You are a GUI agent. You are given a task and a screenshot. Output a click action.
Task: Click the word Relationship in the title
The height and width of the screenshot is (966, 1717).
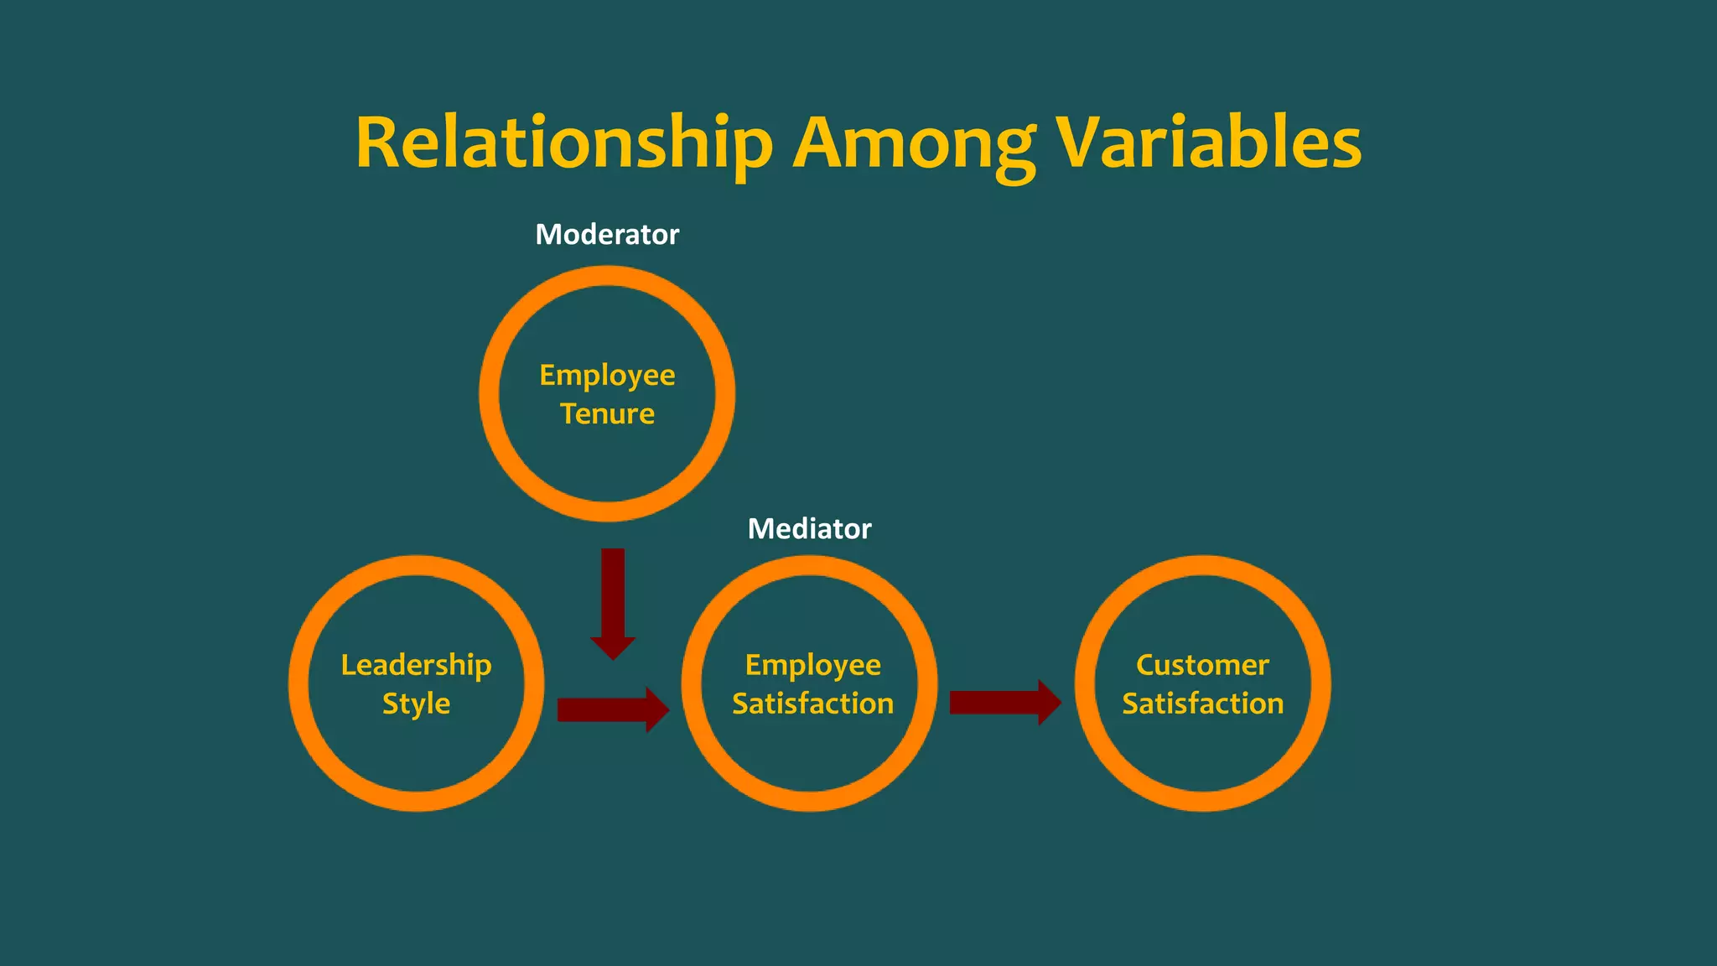(x=563, y=143)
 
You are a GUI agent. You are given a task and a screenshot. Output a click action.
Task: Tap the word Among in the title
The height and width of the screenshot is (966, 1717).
(x=916, y=143)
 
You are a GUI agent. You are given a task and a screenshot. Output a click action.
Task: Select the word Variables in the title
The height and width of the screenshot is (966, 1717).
(x=1207, y=143)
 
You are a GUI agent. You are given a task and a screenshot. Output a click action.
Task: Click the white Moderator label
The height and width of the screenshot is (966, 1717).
(x=607, y=235)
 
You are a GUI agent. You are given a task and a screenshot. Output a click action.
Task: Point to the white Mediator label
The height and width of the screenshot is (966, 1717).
(x=809, y=529)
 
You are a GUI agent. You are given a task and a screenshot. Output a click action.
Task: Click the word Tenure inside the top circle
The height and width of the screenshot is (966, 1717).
(x=607, y=414)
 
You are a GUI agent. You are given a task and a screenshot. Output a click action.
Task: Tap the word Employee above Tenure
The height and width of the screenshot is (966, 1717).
(x=607, y=375)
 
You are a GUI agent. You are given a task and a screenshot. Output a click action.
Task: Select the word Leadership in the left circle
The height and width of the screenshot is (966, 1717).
(x=416, y=665)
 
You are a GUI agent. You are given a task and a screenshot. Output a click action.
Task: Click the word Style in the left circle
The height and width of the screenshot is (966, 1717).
(x=416, y=704)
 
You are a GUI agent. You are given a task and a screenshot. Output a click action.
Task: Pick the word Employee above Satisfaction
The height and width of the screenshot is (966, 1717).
(x=812, y=665)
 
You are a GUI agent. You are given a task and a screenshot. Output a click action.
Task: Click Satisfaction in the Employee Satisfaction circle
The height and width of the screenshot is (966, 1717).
(x=812, y=704)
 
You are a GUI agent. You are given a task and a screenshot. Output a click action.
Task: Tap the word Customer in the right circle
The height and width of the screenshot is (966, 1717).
(x=1202, y=665)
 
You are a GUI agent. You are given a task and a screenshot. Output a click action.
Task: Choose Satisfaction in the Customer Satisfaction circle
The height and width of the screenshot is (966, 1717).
(x=1202, y=704)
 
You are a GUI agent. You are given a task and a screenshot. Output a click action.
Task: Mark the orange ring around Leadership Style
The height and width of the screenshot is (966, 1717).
(x=299, y=683)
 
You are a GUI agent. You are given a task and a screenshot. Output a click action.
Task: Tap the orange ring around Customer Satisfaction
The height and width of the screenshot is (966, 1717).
(x=1320, y=683)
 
